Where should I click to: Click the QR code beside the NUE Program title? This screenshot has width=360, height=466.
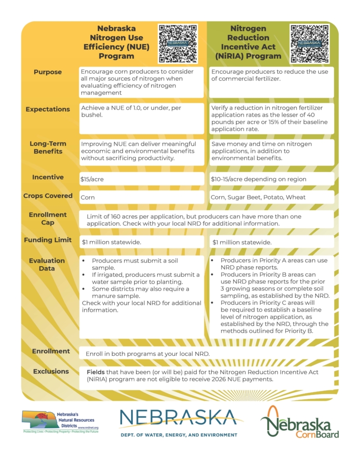point(178,44)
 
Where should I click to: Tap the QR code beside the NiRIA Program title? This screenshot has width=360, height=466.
point(310,44)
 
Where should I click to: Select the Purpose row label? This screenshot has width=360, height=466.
point(47,72)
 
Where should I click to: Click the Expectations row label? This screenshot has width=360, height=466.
point(48,109)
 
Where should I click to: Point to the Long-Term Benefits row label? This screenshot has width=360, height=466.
point(48,147)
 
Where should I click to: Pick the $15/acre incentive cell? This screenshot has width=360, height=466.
point(142,179)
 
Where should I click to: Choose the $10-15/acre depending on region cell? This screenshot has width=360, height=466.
point(271,179)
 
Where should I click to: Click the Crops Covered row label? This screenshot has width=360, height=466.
point(48,196)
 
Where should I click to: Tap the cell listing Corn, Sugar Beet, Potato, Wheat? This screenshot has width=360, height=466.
point(271,198)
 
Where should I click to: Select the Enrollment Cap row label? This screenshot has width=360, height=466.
point(48,218)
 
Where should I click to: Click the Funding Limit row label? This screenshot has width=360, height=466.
point(48,240)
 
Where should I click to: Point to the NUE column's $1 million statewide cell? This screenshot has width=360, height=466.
point(142,242)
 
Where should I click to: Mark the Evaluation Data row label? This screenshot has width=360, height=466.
point(48,264)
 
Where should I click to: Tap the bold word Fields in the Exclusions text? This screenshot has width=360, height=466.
point(96,372)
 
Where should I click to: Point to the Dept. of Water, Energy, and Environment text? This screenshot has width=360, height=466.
point(179,435)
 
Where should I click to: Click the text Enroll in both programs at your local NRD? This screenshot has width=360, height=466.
point(147,354)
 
